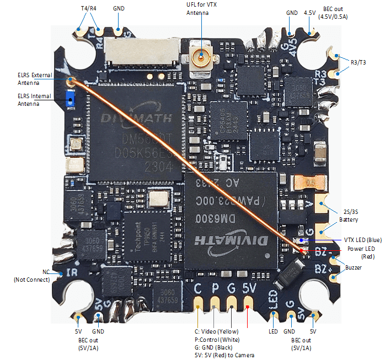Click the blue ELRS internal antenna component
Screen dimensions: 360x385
click(70, 99)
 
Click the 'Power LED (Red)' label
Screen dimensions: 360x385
click(361, 252)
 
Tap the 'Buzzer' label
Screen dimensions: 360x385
click(354, 268)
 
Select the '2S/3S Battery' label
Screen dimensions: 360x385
click(354, 216)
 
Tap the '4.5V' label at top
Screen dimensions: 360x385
click(310, 12)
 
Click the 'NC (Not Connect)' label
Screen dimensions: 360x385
click(33, 276)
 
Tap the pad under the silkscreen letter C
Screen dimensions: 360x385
click(198, 305)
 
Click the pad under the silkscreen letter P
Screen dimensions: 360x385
click(214, 305)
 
